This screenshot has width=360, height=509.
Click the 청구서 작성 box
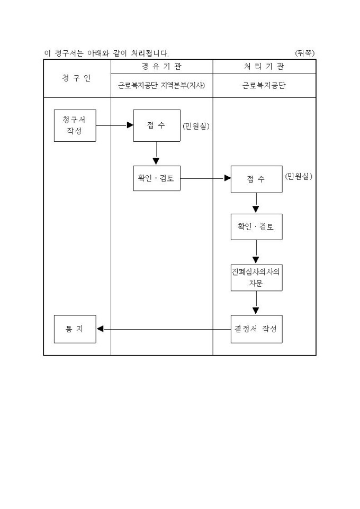point(75,125)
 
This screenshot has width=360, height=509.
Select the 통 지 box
point(75,329)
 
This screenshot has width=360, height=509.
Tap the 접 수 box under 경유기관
point(156,125)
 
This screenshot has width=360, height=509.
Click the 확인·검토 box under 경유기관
point(156,178)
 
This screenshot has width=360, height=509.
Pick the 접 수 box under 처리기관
point(256,179)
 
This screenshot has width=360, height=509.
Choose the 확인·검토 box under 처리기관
point(256,226)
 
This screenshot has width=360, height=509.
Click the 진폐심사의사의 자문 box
point(256,277)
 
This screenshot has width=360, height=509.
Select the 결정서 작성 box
point(256,329)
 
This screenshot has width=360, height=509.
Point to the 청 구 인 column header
point(77,78)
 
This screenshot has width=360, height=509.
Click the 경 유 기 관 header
point(161,67)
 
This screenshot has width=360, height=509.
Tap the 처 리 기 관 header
point(264,67)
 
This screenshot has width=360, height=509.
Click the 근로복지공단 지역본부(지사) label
point(161,86)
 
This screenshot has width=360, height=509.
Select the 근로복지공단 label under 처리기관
point(264,86)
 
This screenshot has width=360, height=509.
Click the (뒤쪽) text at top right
point(305,53)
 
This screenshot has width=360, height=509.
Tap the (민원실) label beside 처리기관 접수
point(299,177)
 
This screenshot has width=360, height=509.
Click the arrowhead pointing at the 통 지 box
point(100,329)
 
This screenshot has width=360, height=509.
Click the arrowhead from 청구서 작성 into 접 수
point(130,125)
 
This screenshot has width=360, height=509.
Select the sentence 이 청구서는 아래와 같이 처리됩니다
point(106,53)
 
